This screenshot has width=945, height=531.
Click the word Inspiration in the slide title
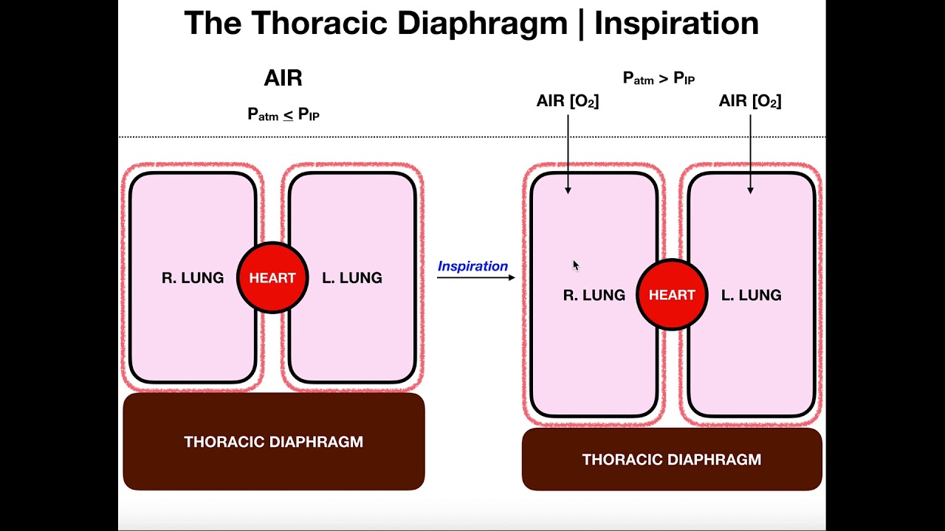(x=676, y=24)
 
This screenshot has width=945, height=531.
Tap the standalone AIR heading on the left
(x=283, y=78)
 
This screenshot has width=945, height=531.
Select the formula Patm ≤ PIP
(x=283, y=114)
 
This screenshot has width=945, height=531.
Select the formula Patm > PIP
(x=659, y=77)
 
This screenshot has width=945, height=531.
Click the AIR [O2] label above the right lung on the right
(x=567, y=101)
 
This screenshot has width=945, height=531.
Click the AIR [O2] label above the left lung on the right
(x=749, y=101)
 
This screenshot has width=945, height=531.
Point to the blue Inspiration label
(x=472, y=266)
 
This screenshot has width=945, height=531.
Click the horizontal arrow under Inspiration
(x=475, y=278)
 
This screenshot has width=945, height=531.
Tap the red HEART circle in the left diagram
(x=272, y=278)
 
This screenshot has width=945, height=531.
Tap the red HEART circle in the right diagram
(x=672, y=295)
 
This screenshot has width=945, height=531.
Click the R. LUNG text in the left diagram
(x=193, y=278)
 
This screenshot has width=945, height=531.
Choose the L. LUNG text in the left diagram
(x=352, y=278)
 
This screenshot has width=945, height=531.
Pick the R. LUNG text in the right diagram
(x=594, y=295)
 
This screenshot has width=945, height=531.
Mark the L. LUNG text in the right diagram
(x=751, y=295)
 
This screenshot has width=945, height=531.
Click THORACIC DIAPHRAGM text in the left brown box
(x=273, y=442)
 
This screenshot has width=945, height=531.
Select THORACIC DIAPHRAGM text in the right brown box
(x=671, y=459)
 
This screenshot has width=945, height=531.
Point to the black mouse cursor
(x=576, y=265)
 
